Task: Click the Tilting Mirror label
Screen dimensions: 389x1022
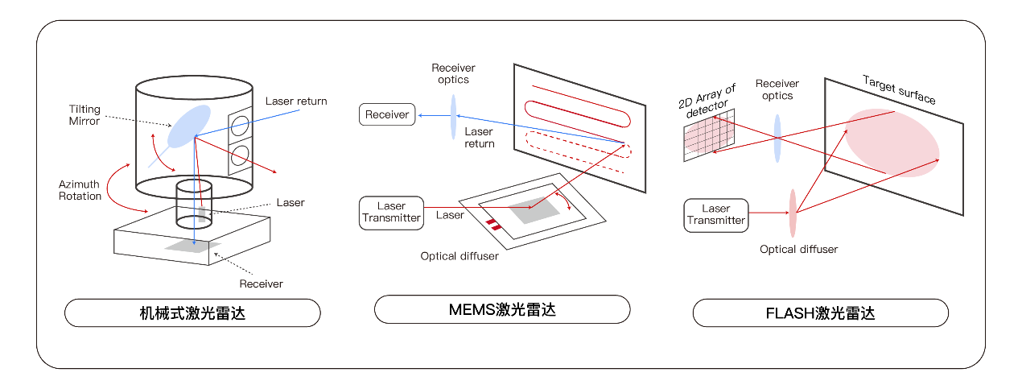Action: tap(84, 114)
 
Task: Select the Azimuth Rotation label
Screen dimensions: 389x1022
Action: tap(80, 190)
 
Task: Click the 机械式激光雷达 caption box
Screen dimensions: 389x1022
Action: tap(192, 312)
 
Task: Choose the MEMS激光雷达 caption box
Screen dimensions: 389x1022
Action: tap(502, 309)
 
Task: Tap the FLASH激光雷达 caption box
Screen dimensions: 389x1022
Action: tap(820, 312)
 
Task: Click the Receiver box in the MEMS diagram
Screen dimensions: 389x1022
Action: tap(387, 115)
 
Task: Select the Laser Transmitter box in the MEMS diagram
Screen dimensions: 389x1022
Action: tap(391, 213)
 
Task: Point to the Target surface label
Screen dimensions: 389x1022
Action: tap(899, 89)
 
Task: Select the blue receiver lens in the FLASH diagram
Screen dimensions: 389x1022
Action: tap(777, 138)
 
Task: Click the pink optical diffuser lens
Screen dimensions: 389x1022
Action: tap(793, 213)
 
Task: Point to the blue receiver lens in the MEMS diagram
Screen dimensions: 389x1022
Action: tap(453, 115)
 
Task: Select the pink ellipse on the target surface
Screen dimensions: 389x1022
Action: tap(892, 143)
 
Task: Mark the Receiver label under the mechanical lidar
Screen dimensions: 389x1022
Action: tap(261, 283)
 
